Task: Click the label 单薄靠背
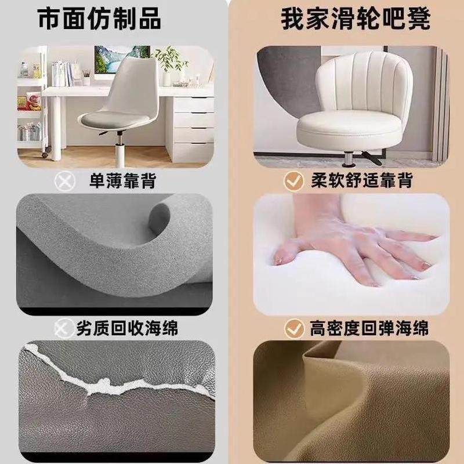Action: click(124, 181)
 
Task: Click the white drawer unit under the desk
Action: click(191, 125)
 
